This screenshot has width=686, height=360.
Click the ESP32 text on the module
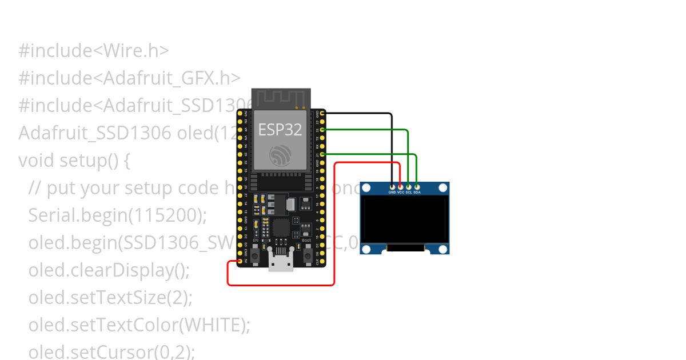tap(280, 130)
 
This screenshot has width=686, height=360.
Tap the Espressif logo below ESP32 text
tap(280, 154)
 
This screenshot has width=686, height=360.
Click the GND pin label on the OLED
tap(392, 193)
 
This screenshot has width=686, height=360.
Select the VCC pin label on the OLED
tap(401, 193)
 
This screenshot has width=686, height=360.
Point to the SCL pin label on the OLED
tap(409, 193)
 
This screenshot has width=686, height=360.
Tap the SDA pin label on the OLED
tap(417, 193)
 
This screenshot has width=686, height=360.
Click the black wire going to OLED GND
tap(392, 149)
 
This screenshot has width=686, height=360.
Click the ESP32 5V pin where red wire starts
tap(239, 261)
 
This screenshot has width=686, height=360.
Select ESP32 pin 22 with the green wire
tap(323, 130)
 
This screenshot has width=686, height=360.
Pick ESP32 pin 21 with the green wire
tap(323, 154)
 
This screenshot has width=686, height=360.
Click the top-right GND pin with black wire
tap(323, 114)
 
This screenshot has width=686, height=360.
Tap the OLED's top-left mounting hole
tap(366, 188)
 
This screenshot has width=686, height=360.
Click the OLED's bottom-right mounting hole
tap(442, 249)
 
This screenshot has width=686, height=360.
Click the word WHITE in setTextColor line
tap(212, 325)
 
